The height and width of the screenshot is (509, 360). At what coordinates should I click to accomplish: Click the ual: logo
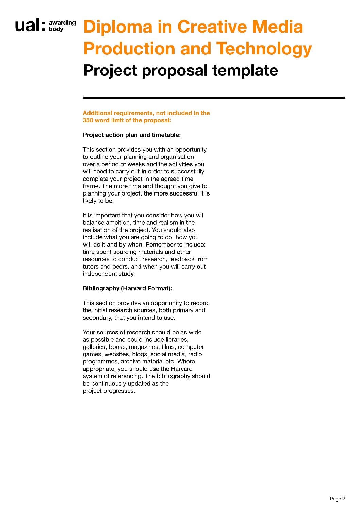30,26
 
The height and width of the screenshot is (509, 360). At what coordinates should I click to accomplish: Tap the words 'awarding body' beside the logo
62,26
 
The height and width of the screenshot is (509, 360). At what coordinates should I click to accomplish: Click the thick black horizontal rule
214,98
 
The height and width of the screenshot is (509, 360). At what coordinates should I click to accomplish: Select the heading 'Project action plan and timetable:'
132,135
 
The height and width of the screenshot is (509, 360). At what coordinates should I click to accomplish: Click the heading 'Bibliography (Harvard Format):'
128,288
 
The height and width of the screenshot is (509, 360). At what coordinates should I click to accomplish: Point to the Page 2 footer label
337,499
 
